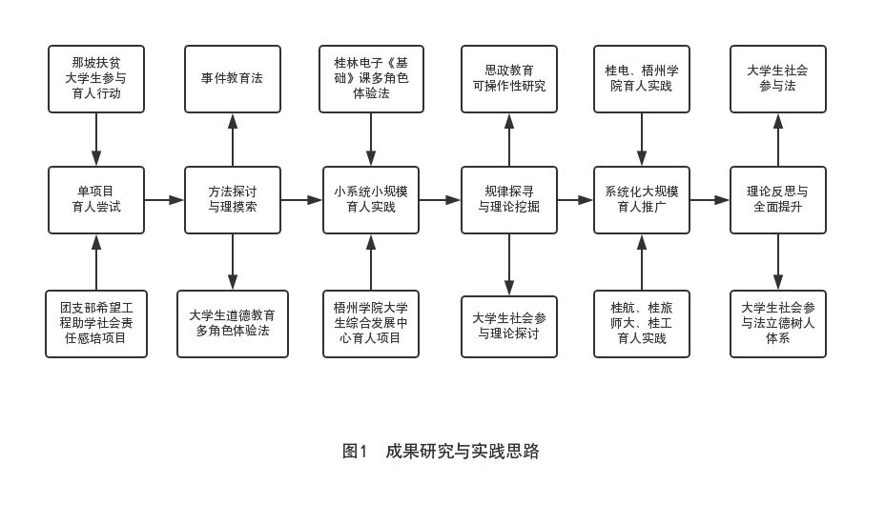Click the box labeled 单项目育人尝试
coord(96,200)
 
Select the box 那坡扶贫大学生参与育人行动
coord(96,79)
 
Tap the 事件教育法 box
coord(233,79)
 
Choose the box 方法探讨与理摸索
coord(233,200)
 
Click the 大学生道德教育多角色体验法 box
coord(233,324)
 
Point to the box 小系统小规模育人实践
coord(371,200)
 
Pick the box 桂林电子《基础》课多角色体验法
coord(371,79)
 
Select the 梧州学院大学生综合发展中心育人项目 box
coord(371,324)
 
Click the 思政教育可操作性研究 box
coord(509,79)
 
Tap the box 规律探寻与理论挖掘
coord(509,200)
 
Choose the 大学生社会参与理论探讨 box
coord(509,326)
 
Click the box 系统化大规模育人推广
coord(642,200)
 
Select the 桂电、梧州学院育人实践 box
coord(642,79)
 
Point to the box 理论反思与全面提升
coord(778,200)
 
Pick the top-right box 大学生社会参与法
coord(778,79)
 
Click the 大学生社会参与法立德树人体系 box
coord(778,324)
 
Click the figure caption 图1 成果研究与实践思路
coord(442,452)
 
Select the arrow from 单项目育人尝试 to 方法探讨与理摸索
coord(164,200)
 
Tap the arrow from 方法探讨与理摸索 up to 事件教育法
coord(233,139)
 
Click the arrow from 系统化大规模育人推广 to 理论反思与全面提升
coord(710,200)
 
